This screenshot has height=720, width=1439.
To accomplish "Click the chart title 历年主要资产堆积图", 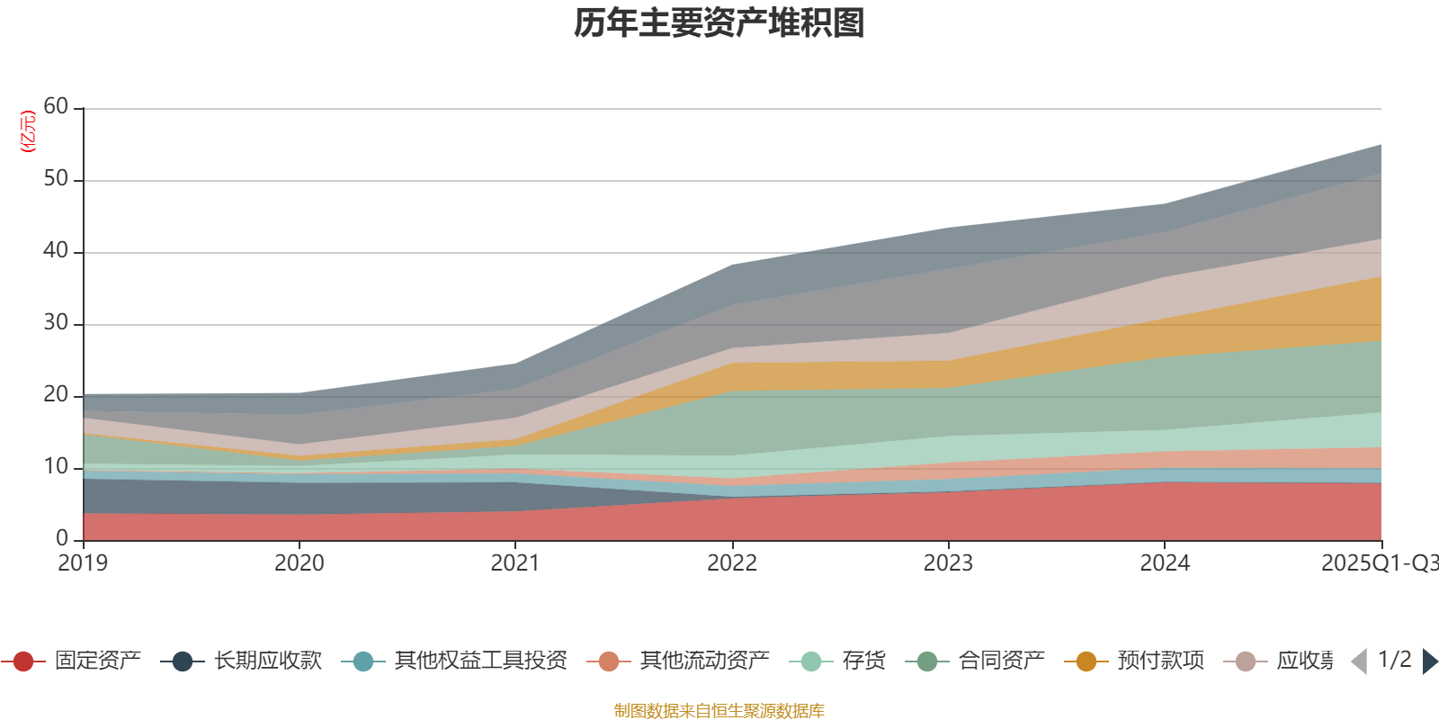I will (x=719, y=23).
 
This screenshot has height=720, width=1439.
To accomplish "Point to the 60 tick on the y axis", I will (x=56, y=107).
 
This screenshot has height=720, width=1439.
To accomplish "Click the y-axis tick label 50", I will (x=56, y=179).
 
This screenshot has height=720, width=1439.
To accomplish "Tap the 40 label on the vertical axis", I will (x=56, y=251).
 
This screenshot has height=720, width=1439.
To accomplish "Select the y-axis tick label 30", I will (x=56, y=323).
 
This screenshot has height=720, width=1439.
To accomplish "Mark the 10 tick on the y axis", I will (x=56, y=467).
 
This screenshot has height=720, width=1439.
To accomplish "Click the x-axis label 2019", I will (x=83, y=563).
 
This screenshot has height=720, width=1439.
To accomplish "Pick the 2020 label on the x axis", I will (x=299, y=563).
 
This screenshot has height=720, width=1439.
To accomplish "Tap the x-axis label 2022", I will (x=732, y=563).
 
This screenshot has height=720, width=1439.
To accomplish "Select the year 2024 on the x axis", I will (x=1165, y=563).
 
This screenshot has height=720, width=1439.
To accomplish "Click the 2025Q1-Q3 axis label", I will (x=1378, y=563).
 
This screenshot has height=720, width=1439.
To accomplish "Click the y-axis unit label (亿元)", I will (x=28, y=131).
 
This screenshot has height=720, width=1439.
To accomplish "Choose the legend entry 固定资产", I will (x=97, y=661).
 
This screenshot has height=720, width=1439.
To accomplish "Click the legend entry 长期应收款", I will (x=267, y=661).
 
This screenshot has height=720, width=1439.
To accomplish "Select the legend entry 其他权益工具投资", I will (x=480, y=661).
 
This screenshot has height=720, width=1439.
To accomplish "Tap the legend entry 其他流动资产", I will (x=704, y=661).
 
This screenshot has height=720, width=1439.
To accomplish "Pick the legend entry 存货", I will (x=863, y=661).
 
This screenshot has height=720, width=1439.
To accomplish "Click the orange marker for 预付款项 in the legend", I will (x=1086, y=661).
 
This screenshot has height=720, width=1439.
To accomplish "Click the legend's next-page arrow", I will (x=1429, y=661).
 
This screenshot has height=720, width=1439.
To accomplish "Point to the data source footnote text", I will (x=719, y=711).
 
